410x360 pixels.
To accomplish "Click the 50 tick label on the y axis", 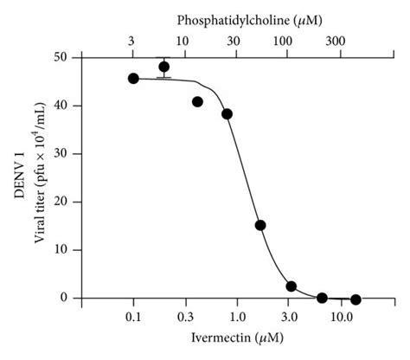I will tap(65, 57).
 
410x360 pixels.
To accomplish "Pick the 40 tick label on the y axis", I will tap(65, 106).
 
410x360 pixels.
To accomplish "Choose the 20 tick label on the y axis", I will tap(65, 202).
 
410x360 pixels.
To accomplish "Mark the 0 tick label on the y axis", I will tap(68, 298).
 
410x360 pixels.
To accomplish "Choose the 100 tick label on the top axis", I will tap(284, 40).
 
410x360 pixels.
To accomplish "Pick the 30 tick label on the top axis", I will tap(234, 40).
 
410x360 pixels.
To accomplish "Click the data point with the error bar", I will tap(163, 67).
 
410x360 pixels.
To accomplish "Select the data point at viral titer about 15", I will tap(260, 225).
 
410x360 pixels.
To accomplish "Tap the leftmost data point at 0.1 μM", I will tap(133, 78).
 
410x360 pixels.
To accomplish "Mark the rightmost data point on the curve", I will tap(356, 299).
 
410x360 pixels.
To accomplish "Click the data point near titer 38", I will tap(227, 113).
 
